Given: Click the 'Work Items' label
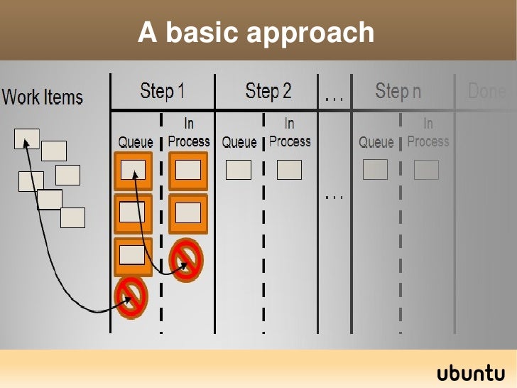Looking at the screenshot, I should pos(43,97).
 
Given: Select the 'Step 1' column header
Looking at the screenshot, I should pos(162,91).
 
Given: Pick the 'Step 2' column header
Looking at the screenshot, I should pos(268,91).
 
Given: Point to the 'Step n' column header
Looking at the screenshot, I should pos(398,91).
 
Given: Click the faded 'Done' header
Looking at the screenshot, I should pos(487,91).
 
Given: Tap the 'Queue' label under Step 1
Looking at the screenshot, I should pos(135,142).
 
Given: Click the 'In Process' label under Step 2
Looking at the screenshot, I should pos(289,133).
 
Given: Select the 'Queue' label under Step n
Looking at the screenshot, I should pos(376,142).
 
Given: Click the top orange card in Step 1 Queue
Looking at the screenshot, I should pos(133,171).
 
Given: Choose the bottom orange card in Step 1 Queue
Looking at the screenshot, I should pos(133,256).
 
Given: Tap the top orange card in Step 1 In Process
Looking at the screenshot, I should pos(187,171).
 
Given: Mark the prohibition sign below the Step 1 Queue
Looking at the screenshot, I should pos(131,296).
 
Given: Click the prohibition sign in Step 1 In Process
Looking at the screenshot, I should pos(187,258).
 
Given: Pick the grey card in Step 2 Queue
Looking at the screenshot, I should pos(238,169).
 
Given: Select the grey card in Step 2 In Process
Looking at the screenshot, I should pos(289,169).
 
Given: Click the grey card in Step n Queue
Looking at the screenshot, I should pos(375,169).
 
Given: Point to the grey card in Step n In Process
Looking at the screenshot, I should pos(426,169).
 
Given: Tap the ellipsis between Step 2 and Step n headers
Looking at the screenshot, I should pos(334,99).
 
